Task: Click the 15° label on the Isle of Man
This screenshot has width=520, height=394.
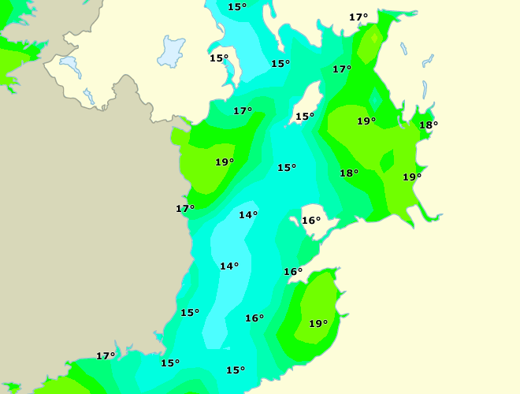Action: [305, 117]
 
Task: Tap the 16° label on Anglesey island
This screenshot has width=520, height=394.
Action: [311, 221]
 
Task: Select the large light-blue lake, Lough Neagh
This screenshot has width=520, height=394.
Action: [171, 52]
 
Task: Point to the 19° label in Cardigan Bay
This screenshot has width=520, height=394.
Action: [318, 324]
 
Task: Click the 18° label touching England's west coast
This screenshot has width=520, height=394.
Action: [429, 125]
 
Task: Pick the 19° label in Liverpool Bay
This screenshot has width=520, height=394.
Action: [412, 177]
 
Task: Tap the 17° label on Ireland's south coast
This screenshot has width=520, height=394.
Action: [106, 356]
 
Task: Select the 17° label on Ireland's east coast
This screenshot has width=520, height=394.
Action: [185, 209]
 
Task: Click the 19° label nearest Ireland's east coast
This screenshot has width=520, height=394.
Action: [225, 162]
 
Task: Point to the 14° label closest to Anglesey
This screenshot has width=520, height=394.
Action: [248, 215]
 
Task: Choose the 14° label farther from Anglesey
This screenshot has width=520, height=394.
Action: [229, 266]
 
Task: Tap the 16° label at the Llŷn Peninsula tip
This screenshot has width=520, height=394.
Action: [293, 272]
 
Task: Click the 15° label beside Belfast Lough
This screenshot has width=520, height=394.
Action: [219, 58]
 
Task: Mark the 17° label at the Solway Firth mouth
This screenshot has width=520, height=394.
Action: [342, 69]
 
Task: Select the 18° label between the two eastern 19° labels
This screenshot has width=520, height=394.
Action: [349, 173]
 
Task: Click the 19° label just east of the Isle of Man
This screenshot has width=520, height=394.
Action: [366, 121]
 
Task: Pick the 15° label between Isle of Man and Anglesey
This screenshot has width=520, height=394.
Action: [287, 168]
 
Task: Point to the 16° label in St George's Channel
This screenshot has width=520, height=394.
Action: [254, 318]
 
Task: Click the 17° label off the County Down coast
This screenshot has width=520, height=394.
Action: [243, 111]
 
